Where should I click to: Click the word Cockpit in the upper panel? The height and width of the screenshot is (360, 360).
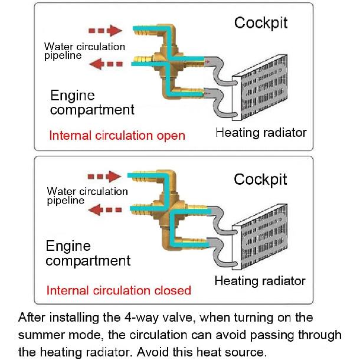[261, 23]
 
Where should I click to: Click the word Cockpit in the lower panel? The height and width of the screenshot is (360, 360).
[260, 180]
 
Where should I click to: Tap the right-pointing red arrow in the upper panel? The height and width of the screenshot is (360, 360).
[105, 31]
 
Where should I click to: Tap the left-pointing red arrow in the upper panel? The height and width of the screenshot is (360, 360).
[106, 64]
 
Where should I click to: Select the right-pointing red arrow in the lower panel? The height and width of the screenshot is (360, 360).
[104, 176]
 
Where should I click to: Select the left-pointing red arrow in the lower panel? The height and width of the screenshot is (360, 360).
[105, 210]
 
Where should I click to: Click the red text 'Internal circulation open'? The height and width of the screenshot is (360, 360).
[117, 136]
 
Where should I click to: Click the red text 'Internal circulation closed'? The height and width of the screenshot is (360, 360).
[119, 290]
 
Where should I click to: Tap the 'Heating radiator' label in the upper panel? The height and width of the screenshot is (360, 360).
[261, 133]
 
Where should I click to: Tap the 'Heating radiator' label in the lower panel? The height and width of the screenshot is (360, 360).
[260, 281]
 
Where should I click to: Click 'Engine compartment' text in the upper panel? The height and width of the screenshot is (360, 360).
[92, 103]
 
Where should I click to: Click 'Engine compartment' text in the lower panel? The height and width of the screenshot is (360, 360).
[88, 253]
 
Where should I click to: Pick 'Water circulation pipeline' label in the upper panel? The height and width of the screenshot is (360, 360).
[84, 51]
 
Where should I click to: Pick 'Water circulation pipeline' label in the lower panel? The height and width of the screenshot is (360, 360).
[87, 196]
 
